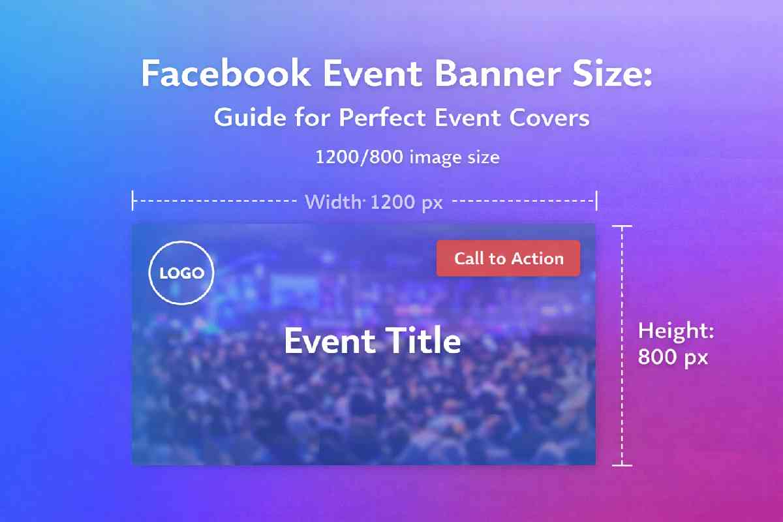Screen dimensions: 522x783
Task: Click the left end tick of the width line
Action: pyautogui.click(x=133, y=200)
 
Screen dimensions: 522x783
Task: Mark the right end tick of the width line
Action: pyautogui.click(x=596, y=200)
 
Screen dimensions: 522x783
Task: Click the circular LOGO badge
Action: pyautogui.click(x=181, y=273)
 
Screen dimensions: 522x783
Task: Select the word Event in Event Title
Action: pyautogui.click(x=330, y=341)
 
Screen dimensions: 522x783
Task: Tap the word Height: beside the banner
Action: pyautogui.click(x=676, y=331)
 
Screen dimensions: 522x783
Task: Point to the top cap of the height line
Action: pyautogui.click(x=622, y=226)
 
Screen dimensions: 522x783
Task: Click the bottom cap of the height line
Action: pyautogui.click(x=622, y=465)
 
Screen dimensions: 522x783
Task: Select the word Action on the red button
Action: pyautogui.click(x=536, y=258)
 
